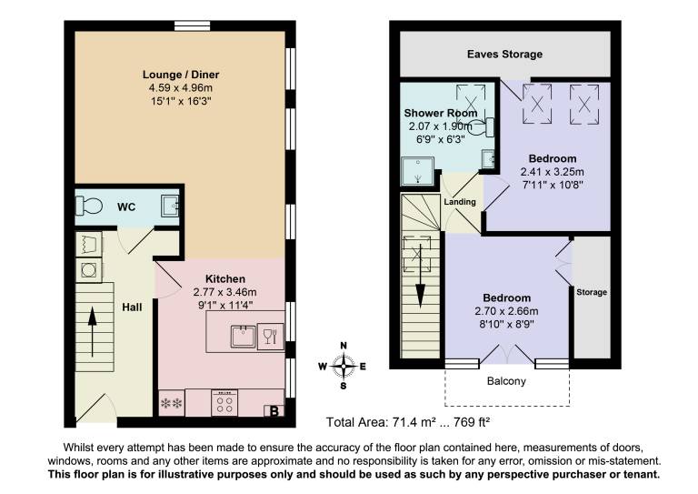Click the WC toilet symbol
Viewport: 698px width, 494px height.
point(89,207)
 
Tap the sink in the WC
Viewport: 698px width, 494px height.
point(170,207)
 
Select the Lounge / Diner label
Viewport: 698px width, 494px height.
point(181,75)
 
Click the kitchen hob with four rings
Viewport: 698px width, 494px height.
point(224,403)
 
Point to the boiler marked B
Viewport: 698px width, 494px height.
point(274,410)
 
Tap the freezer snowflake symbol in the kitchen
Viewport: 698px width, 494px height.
point(172,404)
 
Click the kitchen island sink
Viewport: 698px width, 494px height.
point(243,337)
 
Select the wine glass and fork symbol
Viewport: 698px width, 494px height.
point(270,336)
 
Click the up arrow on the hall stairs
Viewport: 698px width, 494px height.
point(92,331)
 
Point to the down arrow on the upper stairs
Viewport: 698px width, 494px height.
point(420,285)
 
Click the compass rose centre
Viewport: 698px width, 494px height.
point(344,366)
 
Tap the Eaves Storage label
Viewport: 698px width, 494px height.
point(504,55)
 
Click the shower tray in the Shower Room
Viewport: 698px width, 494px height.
point(417,171)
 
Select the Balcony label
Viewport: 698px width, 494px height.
point(506,381)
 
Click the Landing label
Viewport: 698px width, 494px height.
point(460,202)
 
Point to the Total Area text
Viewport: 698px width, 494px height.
point(408,422)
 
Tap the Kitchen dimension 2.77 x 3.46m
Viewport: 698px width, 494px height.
point(224,292)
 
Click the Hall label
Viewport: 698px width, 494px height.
point(132,307)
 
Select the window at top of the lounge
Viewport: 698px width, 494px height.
point(192,26)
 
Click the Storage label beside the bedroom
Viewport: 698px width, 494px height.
point(592,292)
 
